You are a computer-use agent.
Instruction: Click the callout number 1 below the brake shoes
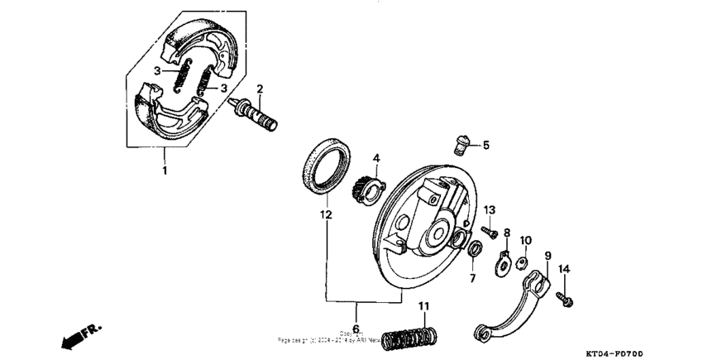point(165,171)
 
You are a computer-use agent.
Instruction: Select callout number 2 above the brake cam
point(260,89)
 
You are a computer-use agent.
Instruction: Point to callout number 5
point(485,145)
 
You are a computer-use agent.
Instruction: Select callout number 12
point(326,215)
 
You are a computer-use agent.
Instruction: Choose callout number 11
point(423,307)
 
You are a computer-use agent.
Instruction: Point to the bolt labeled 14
point(567,295)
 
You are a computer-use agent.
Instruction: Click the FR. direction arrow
point(81,335)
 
